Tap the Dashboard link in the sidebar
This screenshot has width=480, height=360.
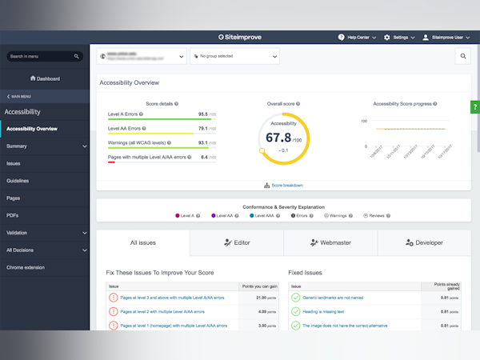tap(45, 78)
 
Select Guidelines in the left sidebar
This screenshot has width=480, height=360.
tap(18, 181)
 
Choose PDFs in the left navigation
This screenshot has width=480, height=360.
tap(13, 215)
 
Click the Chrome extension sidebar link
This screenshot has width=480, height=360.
tap(26, 267)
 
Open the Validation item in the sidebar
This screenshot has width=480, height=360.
tap(17, 233)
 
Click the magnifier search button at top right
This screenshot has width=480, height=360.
tap(463, 56)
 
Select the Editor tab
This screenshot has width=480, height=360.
tap(237, 242)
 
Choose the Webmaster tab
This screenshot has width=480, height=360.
tap(330, 242)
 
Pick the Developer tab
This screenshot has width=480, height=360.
tap(424, 242)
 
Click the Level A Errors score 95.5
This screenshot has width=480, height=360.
tap(203, 114)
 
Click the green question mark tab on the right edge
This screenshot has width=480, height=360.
tap(475, 107)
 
